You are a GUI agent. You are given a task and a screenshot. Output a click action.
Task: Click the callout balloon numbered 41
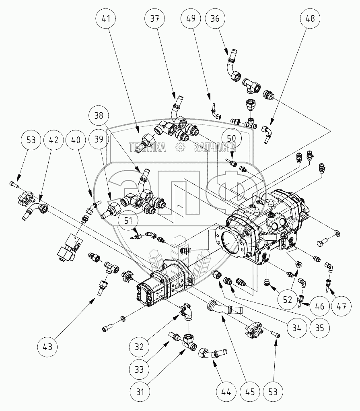click(x=106, y=19)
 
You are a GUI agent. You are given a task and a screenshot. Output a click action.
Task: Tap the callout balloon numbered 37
click(x=154, y=19)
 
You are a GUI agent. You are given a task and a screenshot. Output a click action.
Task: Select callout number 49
click(x=191, y=19)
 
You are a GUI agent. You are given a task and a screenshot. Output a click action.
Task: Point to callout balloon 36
click(x=215, y=19)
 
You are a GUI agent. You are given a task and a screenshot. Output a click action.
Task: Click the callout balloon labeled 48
click(x=310, y=19)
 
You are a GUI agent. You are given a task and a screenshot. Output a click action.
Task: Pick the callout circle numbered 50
click(x=232, y=138)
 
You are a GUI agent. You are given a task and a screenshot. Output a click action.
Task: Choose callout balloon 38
click(x=99, y=116)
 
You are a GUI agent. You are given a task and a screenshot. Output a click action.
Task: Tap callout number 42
click(x=53, y=140)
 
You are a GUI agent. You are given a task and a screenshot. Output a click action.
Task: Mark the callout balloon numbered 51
click(x=128, y=221)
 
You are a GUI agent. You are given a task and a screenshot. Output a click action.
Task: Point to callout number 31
click(x=140, y=392)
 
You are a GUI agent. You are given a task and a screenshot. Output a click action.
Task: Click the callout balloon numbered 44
click(x=226, y=392)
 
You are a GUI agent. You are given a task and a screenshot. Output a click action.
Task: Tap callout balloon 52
click(x=288, y=299)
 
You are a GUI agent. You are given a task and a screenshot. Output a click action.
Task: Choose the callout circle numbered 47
click(x=341, y=306)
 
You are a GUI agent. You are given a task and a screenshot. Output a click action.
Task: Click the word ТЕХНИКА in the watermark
click(x=147, y=148)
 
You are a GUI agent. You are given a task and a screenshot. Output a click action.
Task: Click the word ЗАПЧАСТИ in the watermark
click(x=215, y=148)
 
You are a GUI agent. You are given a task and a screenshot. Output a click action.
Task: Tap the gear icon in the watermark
click(x=181, y=148)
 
